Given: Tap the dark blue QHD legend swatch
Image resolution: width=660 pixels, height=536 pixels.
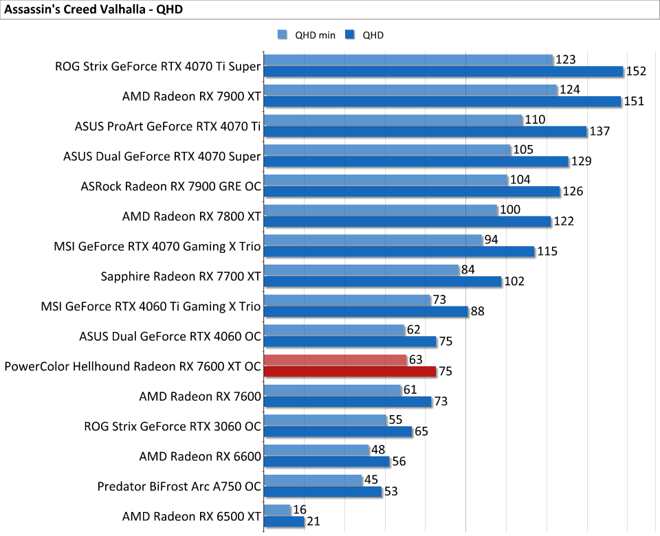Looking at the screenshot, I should point(349,35).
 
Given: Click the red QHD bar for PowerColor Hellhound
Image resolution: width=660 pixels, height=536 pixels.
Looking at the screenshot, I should point(349,372).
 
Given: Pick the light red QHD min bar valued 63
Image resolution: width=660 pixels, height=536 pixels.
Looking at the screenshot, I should point(335,360).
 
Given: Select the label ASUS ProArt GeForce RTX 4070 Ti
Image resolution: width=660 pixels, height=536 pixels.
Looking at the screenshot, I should point(168,126).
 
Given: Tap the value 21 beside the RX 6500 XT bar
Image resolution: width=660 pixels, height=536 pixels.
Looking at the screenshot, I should point(313,522).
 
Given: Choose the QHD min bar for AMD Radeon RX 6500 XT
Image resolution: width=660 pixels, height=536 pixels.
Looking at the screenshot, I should point(277,510).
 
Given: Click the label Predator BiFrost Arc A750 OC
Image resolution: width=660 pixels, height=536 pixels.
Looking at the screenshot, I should point(179,487).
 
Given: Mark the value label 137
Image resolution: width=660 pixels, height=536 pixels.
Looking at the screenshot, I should point(600,131).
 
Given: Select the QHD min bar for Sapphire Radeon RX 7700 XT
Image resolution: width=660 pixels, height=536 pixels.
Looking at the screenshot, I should point(361,270).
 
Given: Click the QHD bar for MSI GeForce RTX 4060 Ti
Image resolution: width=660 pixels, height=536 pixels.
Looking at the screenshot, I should point(365,312).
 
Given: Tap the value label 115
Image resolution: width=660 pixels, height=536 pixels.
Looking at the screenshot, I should point(547,252).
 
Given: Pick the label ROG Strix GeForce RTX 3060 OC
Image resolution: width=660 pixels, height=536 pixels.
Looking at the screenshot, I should point(173,426).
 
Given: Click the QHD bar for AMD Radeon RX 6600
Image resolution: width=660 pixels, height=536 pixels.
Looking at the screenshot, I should point(326,462).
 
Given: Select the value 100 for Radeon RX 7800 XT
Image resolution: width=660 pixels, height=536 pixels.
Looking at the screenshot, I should point(509,210).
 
